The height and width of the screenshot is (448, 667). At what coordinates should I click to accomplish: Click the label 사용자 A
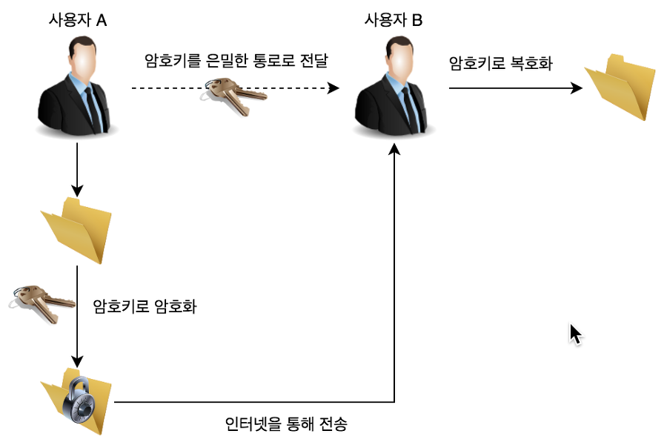tap(76, 21)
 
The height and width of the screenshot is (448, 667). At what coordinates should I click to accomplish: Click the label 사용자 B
tap(394, 20)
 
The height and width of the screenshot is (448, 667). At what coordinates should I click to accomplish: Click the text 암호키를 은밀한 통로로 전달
tap(236, 61)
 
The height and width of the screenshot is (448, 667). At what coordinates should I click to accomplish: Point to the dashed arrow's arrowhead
tap(333, 88)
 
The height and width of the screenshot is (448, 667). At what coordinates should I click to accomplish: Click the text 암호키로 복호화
tap(501, 64)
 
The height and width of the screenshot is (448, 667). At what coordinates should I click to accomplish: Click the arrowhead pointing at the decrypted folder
tap(577, 88)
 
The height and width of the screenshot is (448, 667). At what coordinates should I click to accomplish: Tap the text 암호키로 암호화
tap(145, 306)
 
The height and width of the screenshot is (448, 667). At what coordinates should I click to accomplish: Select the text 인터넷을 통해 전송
tap(286, 425)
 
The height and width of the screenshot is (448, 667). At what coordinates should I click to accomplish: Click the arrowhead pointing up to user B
tap(394, 149)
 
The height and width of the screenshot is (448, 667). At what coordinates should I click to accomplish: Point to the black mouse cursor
tap(575, 333)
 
